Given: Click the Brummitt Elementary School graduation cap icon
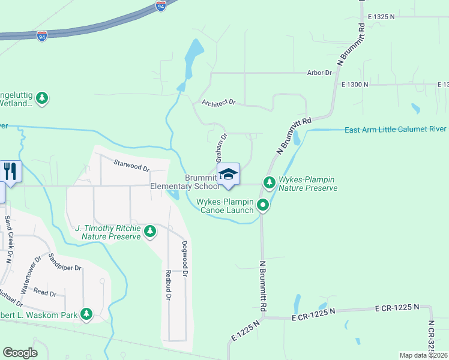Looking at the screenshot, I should pyautogui.click(x=228, y=174).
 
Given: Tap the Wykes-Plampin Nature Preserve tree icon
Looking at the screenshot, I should pyautogui.click(x=269, y=181).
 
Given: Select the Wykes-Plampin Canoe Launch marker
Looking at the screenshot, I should pyautogui.click(x=262, y=206).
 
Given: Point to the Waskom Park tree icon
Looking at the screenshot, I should pyautogui.click(x=86, y=313).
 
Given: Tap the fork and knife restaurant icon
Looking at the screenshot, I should pyautogui.click(x=11, y=170).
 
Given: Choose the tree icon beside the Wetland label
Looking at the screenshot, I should pyautogui.click(x=41, y=97).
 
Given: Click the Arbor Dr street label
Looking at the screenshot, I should pyautogui.click(x=319, y=73).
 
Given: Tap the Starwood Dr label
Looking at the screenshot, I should pyautogui.click(x=131, y=165).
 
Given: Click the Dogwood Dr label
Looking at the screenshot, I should pyautogui.click(x=185, y=258).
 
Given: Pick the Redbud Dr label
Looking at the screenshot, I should pyautogui.click(x=168, y=285).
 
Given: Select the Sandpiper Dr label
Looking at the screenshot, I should pyautogui.click(x=65, y=263).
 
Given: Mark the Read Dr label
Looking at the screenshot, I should pyautogui.click(x=45, y=293).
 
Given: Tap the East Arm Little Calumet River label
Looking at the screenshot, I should pyautogui.click(x=396, y=129).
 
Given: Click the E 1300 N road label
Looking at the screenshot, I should pyautogui.click(x=354, y=85).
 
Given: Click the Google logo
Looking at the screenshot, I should pyautogui.click(x=20, y=353).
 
